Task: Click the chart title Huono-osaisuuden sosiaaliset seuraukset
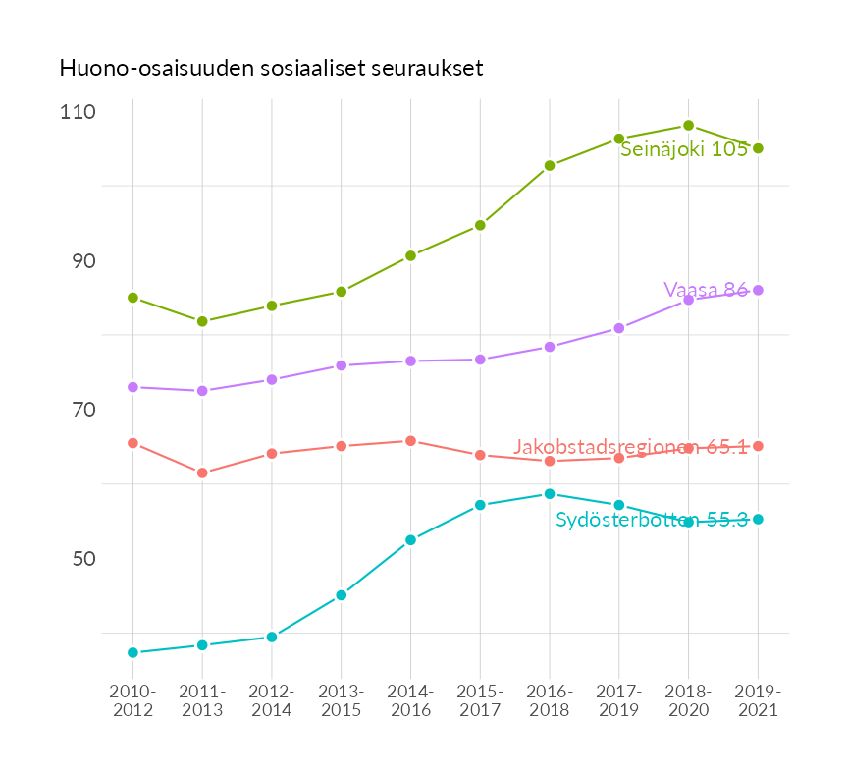tap(271, 68)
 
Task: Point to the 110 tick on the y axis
tap(77, 112)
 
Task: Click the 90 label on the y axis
tap(79, 261)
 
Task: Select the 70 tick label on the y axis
tap(79, 410)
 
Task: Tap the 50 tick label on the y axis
tap(79, 559)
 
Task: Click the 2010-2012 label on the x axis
tap(132, 700)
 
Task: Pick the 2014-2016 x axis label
tap(410, 700)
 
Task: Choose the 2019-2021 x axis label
tap(758, 700)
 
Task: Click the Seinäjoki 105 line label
tap(684, 149)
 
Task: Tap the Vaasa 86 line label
tap(706, 290)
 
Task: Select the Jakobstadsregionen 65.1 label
tap(631, 447)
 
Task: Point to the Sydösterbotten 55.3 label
tap(652, 521)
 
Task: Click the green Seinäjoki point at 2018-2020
tap(689, 126)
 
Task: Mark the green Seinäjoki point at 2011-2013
tap(202, 321)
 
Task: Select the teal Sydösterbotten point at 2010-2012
tap(132, 652)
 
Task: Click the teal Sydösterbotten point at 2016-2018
tap(550, 494)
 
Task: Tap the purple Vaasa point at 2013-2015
tap(342, 365)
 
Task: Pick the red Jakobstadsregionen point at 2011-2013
tap(202, 472)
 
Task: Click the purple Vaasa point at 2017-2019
tap(619, 328)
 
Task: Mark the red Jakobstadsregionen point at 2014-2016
tap(410, 441)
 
